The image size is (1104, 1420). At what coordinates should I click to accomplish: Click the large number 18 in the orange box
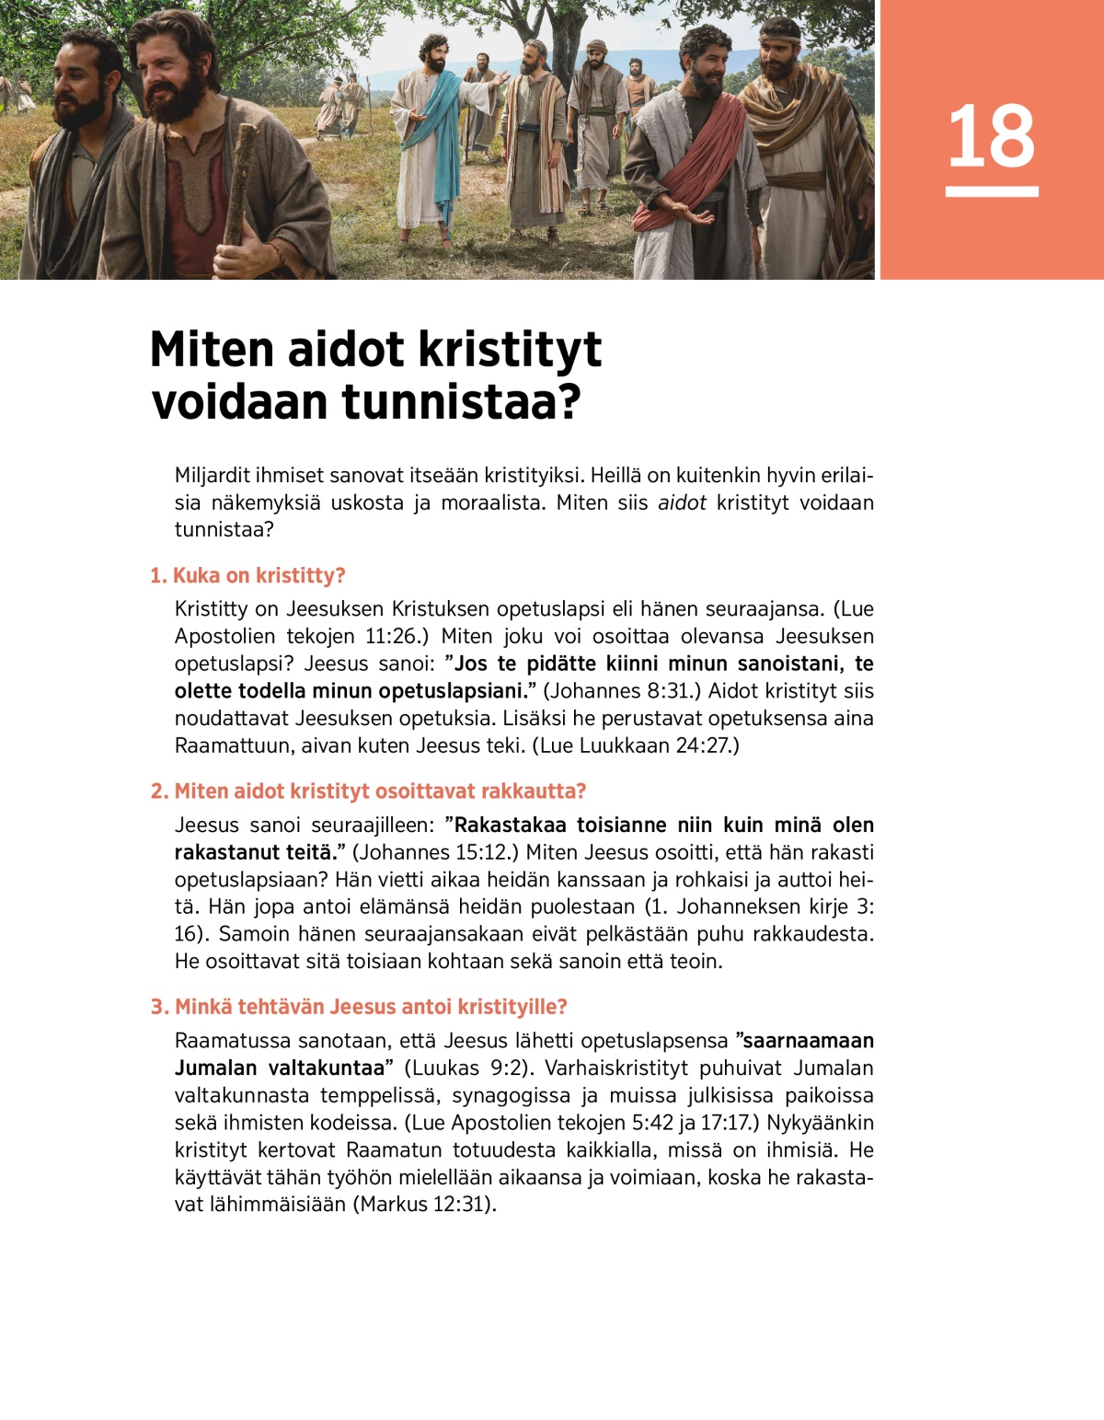991,137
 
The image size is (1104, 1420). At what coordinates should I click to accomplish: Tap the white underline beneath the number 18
991,191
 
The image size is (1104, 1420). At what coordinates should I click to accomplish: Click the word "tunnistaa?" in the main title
461,402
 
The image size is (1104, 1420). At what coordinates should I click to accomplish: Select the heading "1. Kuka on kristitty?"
247,575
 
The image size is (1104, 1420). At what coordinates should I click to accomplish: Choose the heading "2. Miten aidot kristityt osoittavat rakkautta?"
368,791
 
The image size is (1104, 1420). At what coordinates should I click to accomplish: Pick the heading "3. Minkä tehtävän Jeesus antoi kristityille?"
359,1007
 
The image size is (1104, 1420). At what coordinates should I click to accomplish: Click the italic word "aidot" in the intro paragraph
682,502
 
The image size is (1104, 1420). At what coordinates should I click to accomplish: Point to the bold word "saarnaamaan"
808,1041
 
